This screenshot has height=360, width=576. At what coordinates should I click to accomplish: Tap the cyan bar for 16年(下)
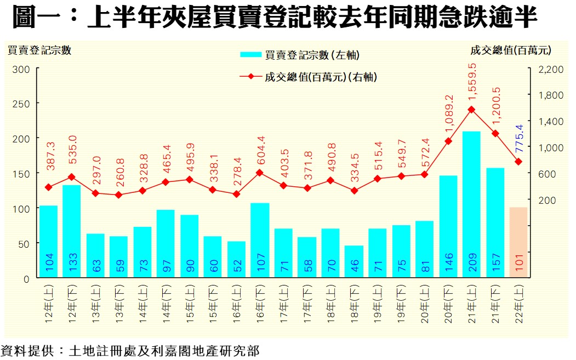260,239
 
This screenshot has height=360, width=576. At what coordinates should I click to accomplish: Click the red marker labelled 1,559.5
471,110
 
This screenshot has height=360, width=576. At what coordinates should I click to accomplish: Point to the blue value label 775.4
519,141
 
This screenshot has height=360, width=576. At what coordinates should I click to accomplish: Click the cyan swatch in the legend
251,54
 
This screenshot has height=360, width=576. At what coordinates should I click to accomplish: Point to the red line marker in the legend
251,77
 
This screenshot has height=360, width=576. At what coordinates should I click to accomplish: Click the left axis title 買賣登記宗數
39,50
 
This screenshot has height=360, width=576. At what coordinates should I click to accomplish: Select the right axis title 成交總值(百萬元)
510,50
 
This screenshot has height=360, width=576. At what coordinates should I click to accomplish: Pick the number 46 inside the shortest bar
354,266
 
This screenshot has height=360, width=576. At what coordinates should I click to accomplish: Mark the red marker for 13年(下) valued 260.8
119,195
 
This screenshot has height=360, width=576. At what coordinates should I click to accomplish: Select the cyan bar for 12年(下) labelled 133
72,230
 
